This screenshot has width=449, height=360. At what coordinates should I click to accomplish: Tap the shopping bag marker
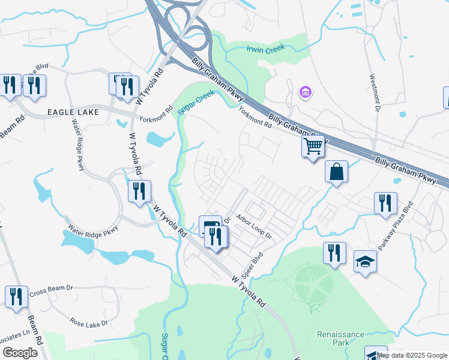pos(337,172)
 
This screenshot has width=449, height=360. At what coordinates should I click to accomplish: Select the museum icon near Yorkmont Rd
pos(305,92)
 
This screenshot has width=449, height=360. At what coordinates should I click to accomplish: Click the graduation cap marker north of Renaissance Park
pos(364,262)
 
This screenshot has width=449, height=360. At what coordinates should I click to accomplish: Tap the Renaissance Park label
pos(340,338)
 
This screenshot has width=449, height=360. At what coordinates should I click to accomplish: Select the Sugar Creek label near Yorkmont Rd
pos(197,102)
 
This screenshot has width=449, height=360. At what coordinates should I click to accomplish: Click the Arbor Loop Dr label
pos(253,227)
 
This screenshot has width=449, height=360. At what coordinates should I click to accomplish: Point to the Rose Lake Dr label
pos(88,323)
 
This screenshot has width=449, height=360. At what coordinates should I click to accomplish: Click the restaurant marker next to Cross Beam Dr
pos(17,296)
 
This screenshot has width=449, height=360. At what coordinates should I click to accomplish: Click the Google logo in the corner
pos(20,353)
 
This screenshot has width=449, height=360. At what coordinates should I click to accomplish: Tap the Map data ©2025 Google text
pos(412,355)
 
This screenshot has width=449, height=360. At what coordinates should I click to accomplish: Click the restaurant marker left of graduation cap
pos(334,253)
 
